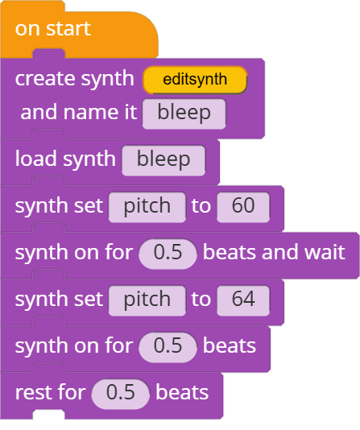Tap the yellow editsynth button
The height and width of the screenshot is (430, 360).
point(195,80)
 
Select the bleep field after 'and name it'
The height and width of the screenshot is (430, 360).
point(184,114)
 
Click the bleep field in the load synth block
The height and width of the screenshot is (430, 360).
point(163,160)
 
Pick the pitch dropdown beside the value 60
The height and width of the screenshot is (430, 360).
point(147,207)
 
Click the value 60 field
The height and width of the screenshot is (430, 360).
point(243,207)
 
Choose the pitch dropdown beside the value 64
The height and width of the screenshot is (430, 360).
point(147,300)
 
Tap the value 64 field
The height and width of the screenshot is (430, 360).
point(243,300)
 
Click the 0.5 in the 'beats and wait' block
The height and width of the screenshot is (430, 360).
point(168,254)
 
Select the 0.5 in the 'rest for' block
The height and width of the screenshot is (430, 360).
point(121,394)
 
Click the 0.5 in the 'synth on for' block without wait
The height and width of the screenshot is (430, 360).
point(168,347)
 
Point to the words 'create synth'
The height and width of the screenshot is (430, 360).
point(75,80)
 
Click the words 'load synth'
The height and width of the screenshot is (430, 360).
point(65,159)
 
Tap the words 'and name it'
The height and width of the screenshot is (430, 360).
point(79,112)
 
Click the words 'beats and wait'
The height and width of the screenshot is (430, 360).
point(274,252)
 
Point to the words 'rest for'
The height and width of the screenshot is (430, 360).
point(51,392)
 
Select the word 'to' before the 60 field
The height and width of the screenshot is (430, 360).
point(201,205)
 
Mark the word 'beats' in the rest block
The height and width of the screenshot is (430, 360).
point(182,392)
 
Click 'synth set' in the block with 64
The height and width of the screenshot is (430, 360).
point(59,300)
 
